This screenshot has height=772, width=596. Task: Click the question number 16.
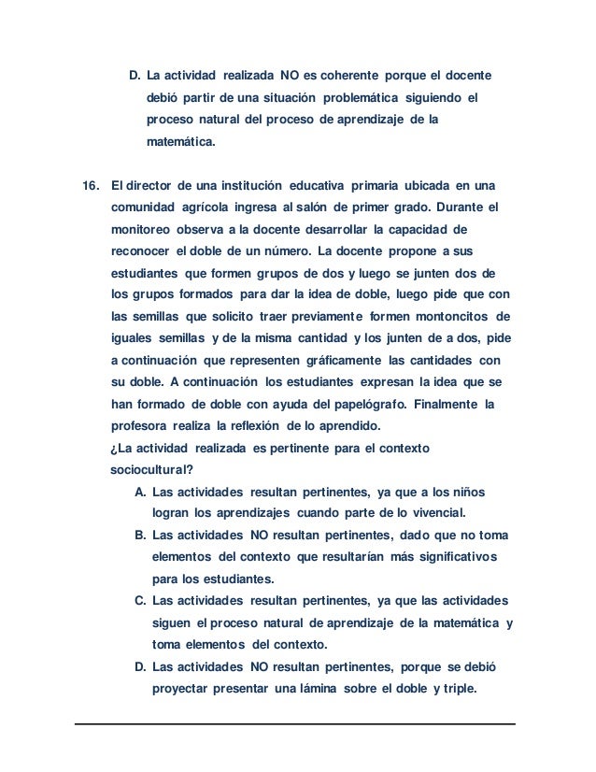click(x=91, y=182)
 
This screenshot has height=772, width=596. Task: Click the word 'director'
click(x=153, y=182)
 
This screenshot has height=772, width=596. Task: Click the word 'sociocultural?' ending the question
click(x=146, y=469)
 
